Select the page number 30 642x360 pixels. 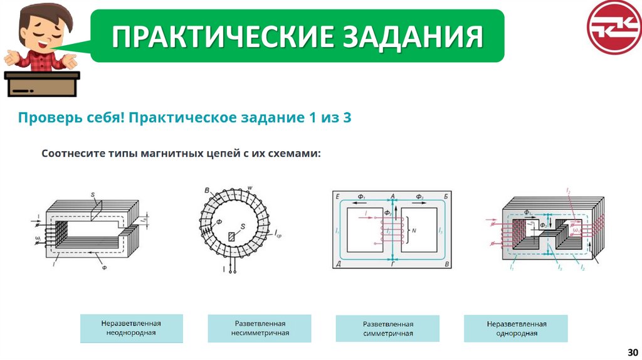(x=631, y=352)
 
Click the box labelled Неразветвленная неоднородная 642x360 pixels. (x=131, y=328)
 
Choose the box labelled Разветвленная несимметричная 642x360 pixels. (x=260, y=328)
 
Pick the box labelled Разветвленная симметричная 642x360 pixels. (x=387, y=329)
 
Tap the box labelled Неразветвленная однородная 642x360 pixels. (x=516, y=329)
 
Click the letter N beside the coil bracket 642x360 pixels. (x=414, y=231)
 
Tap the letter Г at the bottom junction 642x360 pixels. (x=393, y=266)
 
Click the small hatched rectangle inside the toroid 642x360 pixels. (x=233, y=236)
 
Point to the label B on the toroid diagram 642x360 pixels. (x=206, y=190)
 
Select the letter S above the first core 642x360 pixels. (x=92, y=196)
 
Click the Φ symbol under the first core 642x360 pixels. (x=104, y=267)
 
